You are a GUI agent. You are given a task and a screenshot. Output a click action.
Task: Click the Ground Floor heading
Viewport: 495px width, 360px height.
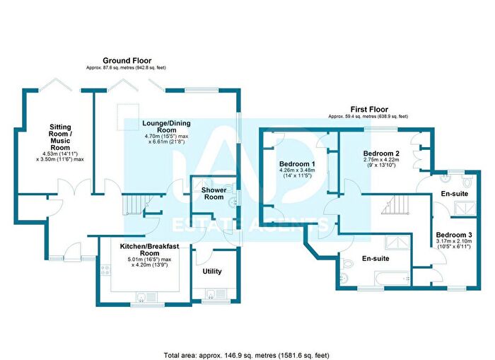127,61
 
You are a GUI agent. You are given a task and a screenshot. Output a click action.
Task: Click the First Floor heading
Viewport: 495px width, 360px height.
368,110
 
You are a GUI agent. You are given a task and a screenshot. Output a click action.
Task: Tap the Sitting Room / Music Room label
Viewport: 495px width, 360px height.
60,137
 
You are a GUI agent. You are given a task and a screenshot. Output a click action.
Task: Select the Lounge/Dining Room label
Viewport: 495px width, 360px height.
166,127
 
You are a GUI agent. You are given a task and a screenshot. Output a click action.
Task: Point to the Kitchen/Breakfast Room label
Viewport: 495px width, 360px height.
149,250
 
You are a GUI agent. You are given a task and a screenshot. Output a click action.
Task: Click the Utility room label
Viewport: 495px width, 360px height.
212,272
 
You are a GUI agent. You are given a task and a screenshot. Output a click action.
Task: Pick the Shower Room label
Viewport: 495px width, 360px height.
214,193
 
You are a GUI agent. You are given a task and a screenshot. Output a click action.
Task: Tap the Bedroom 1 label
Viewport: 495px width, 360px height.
297,164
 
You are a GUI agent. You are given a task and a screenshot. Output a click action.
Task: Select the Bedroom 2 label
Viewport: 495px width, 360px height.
381,153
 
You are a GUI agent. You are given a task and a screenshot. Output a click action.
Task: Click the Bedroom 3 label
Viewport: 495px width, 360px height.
454,235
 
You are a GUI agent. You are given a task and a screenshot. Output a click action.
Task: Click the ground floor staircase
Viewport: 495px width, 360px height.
134,204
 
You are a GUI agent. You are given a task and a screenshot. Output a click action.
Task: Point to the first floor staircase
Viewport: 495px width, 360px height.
396,205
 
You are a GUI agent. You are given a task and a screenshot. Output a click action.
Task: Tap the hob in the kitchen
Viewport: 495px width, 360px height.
105,269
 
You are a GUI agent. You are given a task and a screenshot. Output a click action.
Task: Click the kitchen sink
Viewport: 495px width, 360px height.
146,297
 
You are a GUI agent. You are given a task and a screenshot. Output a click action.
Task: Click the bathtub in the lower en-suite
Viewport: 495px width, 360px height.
392,278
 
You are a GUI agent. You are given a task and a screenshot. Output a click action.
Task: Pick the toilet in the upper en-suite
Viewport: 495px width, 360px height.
467,181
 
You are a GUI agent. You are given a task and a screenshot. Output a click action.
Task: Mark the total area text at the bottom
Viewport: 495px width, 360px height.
246,355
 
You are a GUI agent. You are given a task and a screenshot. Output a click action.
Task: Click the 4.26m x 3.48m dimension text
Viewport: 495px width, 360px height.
297,170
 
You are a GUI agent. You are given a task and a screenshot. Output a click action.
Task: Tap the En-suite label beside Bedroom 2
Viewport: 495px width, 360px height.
455,194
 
